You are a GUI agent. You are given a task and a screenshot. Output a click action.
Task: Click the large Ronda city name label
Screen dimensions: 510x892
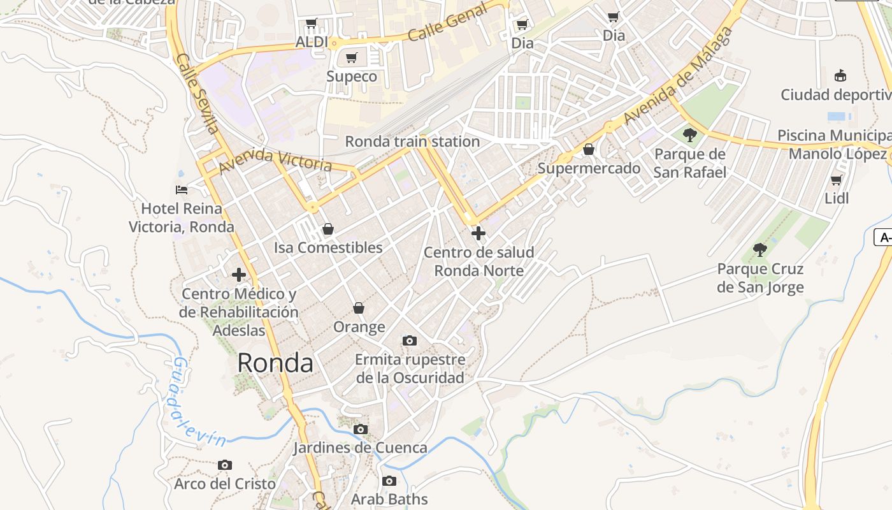pos(275,363)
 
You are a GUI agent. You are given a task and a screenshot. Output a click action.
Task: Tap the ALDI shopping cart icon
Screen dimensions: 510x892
pos(311,24)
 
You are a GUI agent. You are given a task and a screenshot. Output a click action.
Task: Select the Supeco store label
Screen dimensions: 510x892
pos(352,76)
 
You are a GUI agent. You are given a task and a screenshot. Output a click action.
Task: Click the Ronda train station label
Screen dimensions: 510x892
pos(412,142)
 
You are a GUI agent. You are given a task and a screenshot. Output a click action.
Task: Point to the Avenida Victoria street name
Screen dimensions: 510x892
pos(275,161)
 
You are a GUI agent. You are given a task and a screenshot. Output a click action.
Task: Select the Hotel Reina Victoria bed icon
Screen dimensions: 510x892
pos(182,189)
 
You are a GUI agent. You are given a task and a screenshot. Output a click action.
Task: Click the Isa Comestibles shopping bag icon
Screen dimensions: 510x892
pos(327,228)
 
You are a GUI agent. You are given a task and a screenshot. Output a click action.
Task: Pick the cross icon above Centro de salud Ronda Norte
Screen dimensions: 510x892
pos(478,233)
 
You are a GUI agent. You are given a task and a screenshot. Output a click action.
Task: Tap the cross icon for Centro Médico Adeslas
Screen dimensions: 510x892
pos(239,275)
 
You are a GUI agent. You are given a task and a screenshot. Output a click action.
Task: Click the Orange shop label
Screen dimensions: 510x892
pos(359,327)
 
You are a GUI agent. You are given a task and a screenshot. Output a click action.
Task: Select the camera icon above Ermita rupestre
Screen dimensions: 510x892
pos(410,340)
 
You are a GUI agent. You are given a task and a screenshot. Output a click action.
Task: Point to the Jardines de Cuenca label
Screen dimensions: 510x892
pos(360,448)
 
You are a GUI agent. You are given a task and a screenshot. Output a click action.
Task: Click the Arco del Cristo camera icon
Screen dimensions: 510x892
pos(224,465)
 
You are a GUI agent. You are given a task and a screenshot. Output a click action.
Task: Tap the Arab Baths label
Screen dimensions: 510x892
pos(389,499)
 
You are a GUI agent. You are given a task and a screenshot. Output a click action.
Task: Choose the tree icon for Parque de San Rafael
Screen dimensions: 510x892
pos(689,135)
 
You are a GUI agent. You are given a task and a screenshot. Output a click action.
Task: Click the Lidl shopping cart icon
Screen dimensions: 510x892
pos(837,180)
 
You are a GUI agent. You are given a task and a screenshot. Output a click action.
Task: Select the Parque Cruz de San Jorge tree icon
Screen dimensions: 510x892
pos(759,249)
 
